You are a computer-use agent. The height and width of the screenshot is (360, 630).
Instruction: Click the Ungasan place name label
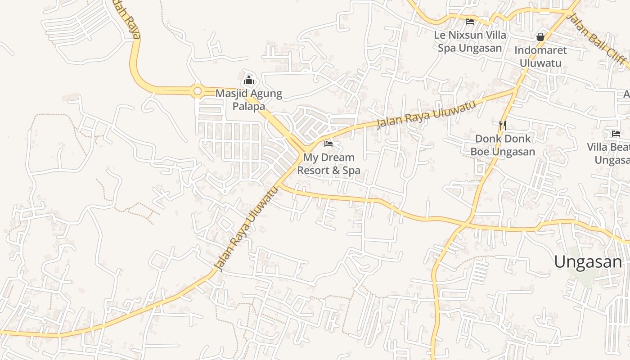pyautogui.click(x=588, y=261)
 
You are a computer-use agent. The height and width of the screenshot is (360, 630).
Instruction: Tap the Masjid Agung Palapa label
pyautogui.click(x=249, y=100)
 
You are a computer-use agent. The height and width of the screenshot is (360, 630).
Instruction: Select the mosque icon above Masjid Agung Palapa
pyautogui.click(x=249, y=81)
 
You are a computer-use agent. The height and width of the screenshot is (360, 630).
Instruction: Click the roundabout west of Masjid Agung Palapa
pyautogui.click(x=197, y=91)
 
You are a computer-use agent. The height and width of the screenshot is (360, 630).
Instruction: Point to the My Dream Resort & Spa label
pyautogui.click(x=328, y=164)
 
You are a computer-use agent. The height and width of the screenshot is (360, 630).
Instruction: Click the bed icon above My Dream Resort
pyautogui.click(x=328, y=144)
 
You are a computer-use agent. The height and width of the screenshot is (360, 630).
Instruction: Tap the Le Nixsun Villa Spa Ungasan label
pyautogui.click(x=470, y=41)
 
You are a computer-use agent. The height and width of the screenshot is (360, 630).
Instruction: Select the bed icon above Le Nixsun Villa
pyautogui.click(x=470, y=21)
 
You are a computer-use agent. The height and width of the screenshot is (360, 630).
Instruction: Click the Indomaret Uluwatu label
pyautogui.click(x=540, y=56)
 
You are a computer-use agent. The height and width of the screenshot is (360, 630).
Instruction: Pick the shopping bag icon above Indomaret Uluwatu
pyautogui.click(x=540, y=37)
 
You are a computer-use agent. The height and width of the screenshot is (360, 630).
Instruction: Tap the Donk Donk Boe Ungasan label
pyautogui.click(x=503, y=145)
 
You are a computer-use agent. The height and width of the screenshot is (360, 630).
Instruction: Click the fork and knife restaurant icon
pyautogui.click(x=503, y=125)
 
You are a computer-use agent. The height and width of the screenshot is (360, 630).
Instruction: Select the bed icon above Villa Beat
pyautogui.click(x=616, y=133)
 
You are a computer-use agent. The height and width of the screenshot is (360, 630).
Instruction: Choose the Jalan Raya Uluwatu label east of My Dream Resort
pyautogui.click(x=426, y=114)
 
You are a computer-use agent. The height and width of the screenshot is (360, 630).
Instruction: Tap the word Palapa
pyautogui.click(x=249, y=107)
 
